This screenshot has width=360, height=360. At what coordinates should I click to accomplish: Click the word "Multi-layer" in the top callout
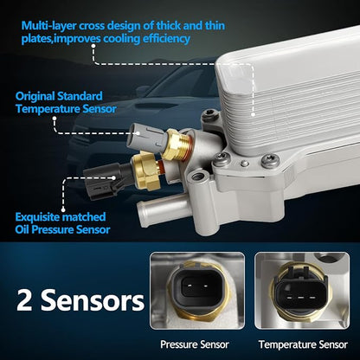pos(48,26)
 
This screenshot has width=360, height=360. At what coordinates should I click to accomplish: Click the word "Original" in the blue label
pos(35,96)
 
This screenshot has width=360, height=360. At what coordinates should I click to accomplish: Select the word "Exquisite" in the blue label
pos(37,217)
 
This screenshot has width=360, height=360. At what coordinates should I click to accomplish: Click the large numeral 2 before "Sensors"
pos(24,300)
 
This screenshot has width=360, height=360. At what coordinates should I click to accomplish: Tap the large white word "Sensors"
pos(93,300)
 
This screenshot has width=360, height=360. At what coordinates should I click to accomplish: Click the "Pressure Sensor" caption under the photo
pos(195,344)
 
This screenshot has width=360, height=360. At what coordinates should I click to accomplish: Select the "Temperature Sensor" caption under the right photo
pos(303,344)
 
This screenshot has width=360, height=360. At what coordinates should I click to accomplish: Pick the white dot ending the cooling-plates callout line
pos(253,114)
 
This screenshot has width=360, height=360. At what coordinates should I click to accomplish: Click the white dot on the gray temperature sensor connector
pos(138,133)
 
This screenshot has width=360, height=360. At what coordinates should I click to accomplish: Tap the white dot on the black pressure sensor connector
pos(114,178)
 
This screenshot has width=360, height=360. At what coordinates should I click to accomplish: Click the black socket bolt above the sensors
pos(209,115)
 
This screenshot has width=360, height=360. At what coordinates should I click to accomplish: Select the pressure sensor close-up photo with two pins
pos(197,291)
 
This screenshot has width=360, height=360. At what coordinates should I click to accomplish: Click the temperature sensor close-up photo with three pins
pos(302,291)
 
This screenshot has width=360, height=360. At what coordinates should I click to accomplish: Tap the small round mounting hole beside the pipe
pos(198,176)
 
